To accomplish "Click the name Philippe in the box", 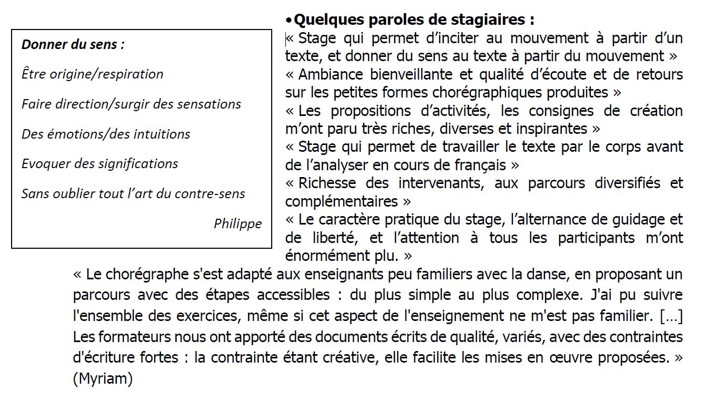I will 237,223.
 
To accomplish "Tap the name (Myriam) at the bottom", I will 103,378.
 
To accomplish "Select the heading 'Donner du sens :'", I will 73,44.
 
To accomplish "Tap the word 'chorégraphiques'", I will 489,92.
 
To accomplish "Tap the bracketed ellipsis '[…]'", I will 671,316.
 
